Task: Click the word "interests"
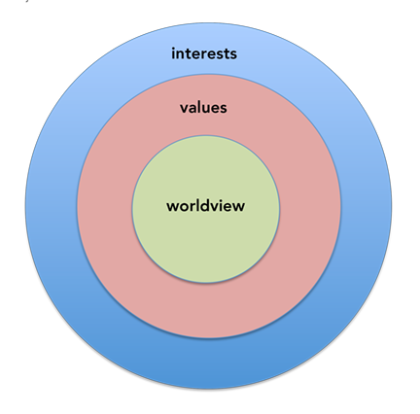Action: [x=204, y=53]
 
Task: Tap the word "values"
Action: [x=203, y=107]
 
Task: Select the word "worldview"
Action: [x=206, y=206]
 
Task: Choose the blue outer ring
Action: [x=209, y=362]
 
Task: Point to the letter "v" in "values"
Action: [x=185, y=109]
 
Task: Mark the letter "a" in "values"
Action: [x=193, y=109]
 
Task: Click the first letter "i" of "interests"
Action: [x=173, y=53]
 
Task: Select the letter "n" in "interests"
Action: [x=181, y=55]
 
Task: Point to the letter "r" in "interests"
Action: [x=203, y=55]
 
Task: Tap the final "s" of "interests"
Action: [x=233, y=55]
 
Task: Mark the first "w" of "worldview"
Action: [x=173, y=208]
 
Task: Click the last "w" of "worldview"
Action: [x=238, y=208]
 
